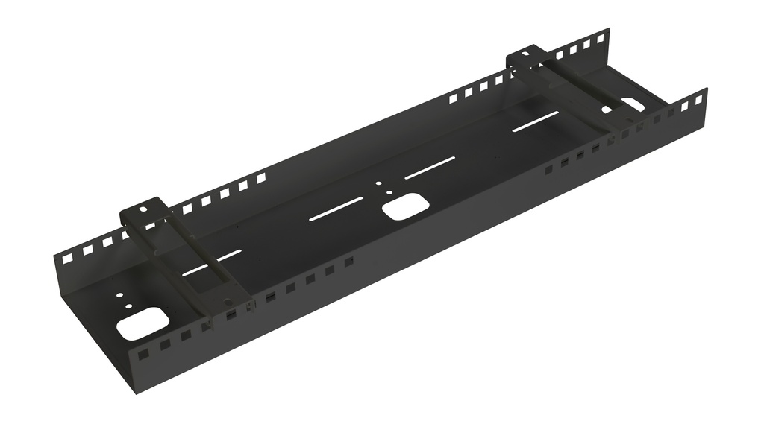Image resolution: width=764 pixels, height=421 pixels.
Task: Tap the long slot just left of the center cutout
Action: tap(336, 209)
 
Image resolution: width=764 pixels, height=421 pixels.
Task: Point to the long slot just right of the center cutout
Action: tap(430, 168)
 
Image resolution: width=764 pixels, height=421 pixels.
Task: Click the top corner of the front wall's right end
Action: tap(706, 89)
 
